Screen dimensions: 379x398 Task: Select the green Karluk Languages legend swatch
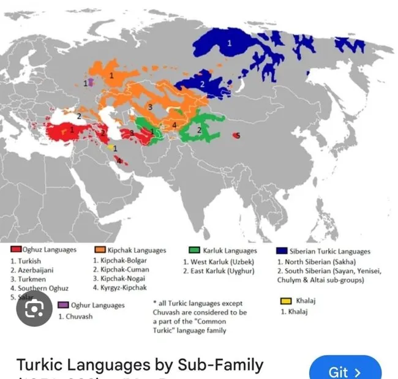point(194,250)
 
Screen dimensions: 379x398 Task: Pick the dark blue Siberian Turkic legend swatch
point(282,250)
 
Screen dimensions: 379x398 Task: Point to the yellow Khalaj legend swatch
point(285,301)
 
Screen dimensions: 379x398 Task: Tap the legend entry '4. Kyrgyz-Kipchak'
point(121,287)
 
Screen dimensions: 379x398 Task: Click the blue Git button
point(345,371)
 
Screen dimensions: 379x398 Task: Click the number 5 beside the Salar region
point(238,135)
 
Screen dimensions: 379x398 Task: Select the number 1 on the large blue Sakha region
point(230,43)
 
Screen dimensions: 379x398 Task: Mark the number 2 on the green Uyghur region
point(199,129)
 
